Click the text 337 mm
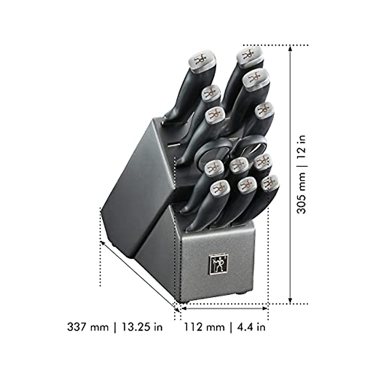click(x=88, y=327)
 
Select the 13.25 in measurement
click(x=142, y=327)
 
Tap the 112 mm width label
click(x=204, y=327)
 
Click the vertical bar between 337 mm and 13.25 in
click(x=115, y=327)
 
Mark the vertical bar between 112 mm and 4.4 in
click(x=231, y=327)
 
